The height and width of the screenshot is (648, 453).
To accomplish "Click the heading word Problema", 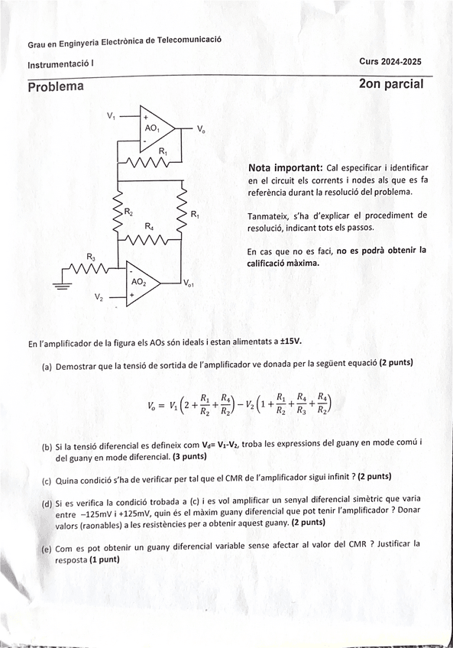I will [56, 86].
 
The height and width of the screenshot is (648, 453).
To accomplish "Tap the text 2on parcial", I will [390, 84].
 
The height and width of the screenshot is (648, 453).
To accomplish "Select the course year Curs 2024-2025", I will [390, 62].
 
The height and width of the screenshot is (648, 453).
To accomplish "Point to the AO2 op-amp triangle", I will [141, 281].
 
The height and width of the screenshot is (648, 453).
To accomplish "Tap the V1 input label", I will [112, 115].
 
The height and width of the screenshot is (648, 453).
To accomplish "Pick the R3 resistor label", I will [91, 256].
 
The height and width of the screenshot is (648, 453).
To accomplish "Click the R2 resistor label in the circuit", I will [128, 212].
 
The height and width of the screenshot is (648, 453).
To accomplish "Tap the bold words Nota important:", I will [285, 167].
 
